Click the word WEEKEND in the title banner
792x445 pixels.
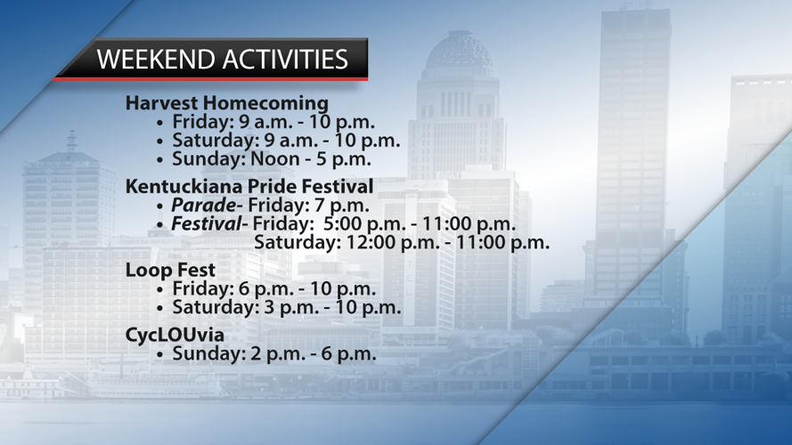157,59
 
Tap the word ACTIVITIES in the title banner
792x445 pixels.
285,59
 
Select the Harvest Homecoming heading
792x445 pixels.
227,103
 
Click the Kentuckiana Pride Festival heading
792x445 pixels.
249,186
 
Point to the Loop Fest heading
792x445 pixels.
170,270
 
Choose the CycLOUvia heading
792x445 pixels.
175,335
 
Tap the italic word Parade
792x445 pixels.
203,206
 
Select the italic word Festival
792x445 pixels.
207,224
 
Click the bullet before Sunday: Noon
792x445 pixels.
160,160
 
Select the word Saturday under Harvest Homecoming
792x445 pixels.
216,141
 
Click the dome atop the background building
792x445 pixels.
459,50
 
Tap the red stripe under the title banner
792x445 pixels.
210,78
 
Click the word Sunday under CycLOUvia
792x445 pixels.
208,353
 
